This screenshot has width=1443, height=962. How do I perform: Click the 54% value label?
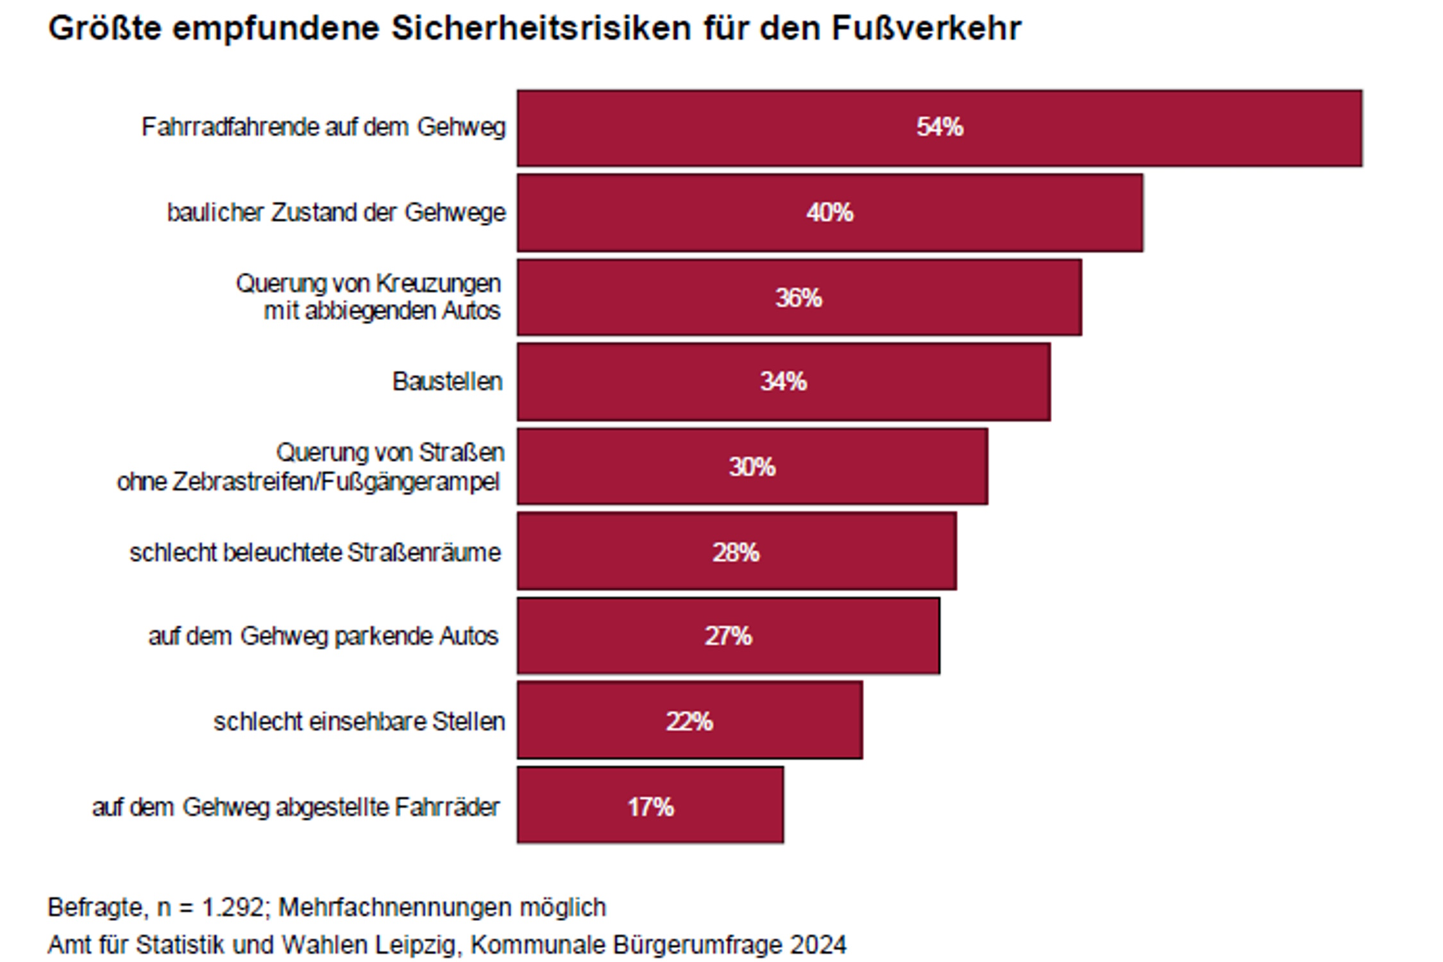point(939,127)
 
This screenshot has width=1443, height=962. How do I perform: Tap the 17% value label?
point(650,807)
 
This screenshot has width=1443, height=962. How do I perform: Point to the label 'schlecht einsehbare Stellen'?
point(359,721)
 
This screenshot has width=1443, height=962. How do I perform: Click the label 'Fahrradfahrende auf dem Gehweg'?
point(323,127)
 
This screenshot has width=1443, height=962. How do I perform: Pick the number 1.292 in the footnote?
point(232,907)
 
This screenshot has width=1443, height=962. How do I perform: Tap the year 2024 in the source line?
point(818,945)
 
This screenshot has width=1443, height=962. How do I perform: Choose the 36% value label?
point(798,298)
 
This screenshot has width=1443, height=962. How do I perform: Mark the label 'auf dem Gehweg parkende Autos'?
point(323,636)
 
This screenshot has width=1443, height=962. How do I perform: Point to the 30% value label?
point(752,467)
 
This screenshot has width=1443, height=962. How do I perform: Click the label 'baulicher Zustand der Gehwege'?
point(336,212)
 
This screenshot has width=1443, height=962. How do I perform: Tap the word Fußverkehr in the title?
point(926,28)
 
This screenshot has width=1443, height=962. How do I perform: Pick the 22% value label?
point(689,721)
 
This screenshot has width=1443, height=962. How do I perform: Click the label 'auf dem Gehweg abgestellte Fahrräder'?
point(296,807)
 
